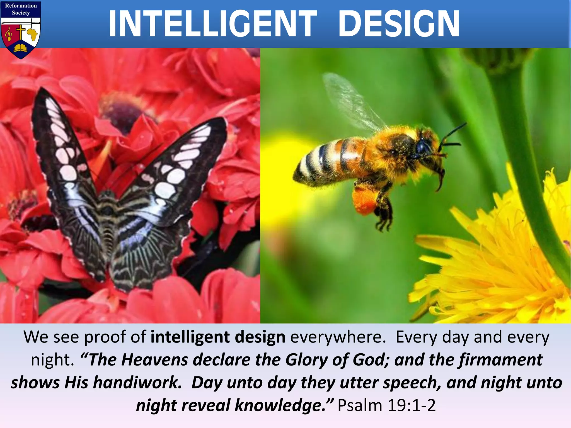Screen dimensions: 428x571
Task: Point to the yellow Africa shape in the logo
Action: (x=32, y=35)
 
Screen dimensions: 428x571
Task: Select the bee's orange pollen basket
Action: (x=364, y=200)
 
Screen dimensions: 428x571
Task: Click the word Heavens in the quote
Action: (x=155, y=360)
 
